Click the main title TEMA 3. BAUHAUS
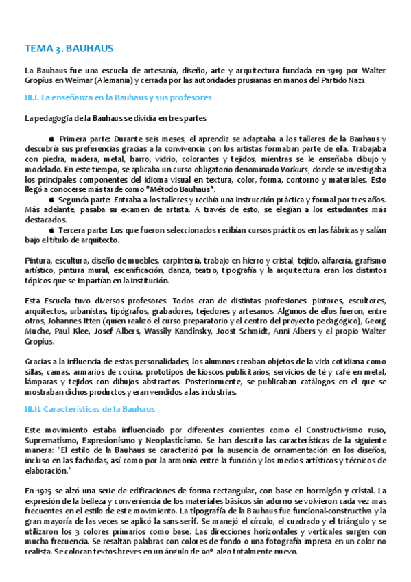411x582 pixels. (x=69, y=49)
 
